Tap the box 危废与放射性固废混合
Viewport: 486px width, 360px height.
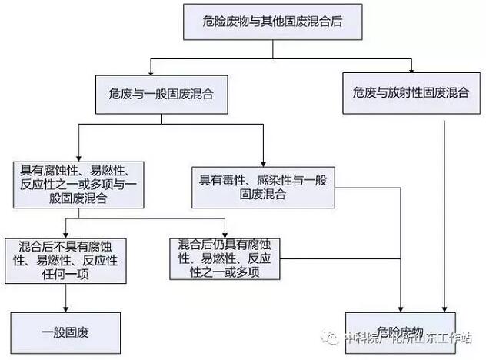point(411,94)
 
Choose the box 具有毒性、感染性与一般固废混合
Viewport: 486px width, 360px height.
point(263,187)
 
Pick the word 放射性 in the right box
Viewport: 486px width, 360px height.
point(411,94)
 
